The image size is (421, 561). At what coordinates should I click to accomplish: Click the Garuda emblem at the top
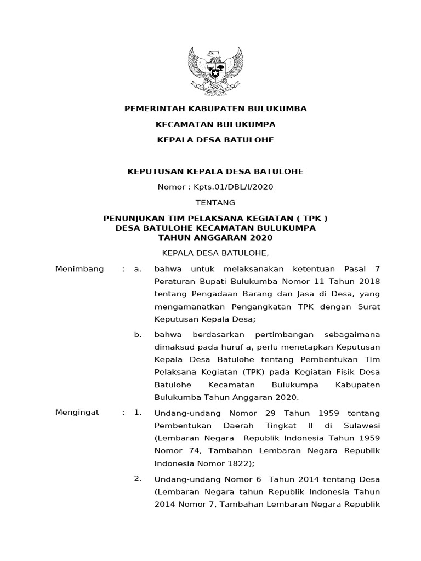tap(215, 71)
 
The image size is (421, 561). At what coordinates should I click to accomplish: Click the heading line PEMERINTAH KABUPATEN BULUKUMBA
tap(215, 108)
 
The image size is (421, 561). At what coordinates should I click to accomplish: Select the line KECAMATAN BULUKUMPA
tap(215, 124)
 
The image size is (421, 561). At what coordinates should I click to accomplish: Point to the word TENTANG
tap(215, 202)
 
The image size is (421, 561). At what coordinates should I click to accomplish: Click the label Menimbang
tap(80, 269)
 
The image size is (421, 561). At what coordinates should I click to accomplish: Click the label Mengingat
tap(77, 413)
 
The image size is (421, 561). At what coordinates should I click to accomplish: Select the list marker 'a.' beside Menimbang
tap(138, 269)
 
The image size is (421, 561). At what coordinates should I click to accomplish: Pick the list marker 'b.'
tap(138, 334)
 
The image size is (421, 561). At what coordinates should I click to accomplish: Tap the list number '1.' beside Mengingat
tap(138, 413)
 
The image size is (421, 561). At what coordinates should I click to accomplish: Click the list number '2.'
tap(138, 479)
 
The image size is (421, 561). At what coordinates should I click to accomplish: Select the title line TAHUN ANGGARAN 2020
tap(215, 238)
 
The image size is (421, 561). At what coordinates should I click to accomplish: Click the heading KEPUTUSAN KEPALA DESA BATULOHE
tap(215, 171)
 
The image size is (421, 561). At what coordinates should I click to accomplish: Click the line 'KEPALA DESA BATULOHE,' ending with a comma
tap(215, 253)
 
